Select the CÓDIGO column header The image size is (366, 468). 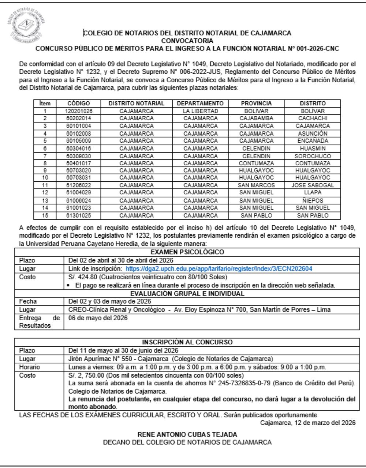coord(79,103)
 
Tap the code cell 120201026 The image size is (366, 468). coord(79,111)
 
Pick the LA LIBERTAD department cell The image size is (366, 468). coord(200,111)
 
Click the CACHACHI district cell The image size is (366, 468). coord(313,118)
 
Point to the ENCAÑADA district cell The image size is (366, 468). coord(313,140)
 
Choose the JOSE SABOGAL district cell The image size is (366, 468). coord(313,185)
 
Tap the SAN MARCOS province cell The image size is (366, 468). coord(256,185)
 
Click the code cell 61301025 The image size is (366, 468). coord(79,215)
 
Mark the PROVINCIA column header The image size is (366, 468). coord(256,103)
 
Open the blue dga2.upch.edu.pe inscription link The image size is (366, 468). coord(219,269)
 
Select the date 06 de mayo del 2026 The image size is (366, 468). coord(96,318)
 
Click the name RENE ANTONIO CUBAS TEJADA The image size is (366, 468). coord(187,435)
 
